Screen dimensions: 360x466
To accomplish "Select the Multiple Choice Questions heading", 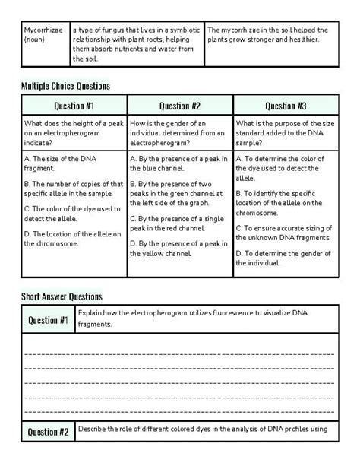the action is pos(65,86).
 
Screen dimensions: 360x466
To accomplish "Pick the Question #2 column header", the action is pos(180,106).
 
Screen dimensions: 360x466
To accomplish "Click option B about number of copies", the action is pos(73,189).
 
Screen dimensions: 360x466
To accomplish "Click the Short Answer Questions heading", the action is pos(62,296).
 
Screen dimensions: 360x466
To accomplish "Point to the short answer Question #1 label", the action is pos(49,320).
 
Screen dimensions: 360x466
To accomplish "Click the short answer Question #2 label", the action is pos(49,433).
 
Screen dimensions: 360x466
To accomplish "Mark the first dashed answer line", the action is pos(179,353).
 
